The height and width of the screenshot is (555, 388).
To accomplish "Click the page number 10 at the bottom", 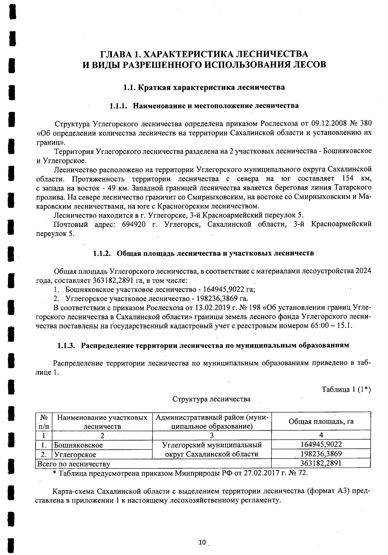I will pos(202,542).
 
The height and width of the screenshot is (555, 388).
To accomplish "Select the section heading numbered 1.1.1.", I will pos(204,106).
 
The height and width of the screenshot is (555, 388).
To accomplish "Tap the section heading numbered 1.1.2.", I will pos(203,253).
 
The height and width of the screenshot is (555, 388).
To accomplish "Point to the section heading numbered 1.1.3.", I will pos(203,345).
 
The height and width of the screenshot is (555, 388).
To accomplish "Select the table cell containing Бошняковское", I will pos(79,445).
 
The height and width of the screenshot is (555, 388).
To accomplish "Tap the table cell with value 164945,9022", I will pos(321,444).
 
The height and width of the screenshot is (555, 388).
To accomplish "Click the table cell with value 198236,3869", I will pos(321,454).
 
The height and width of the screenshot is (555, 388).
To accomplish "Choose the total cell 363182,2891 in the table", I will pos(321,463).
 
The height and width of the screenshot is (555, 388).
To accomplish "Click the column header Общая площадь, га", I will pos(321,421).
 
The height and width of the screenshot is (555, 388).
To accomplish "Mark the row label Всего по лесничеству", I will pos(74,464).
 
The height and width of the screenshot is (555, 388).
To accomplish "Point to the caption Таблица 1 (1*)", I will pos(346,389).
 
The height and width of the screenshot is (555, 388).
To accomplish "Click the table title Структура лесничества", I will pos(211,399).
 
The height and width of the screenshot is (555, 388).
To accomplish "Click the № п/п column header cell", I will pos(43,422).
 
